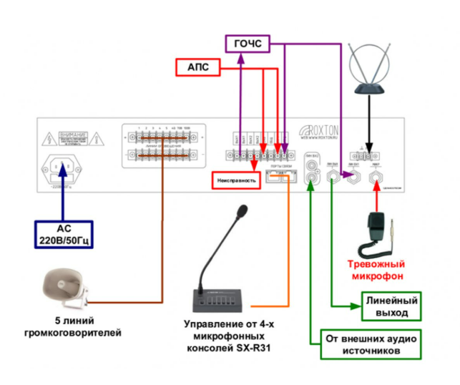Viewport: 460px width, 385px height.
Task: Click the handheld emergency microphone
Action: click(x=377, y=228)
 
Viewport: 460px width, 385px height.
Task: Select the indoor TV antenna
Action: click(x=370, y=72)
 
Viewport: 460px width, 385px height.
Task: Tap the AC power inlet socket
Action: click(x=64, y=168)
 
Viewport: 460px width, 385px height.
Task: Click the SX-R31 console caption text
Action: click(x=224, y=336)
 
